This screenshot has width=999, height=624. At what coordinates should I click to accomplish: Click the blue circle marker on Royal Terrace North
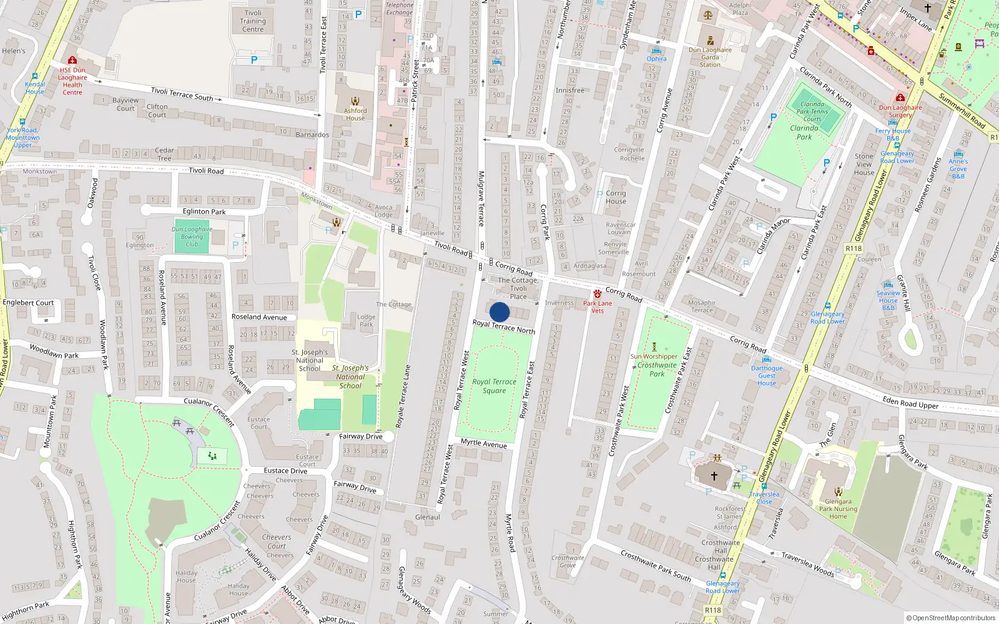pos(499,312)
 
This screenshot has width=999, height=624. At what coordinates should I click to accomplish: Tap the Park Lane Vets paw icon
pos(598,293)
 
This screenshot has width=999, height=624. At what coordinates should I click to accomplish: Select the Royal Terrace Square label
pos(494,386)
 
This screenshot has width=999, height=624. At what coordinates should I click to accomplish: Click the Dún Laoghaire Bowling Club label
pos(192,236)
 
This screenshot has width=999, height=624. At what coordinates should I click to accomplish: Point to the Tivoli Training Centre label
pos(253,21)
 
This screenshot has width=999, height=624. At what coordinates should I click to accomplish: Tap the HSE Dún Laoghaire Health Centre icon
pos(72,61)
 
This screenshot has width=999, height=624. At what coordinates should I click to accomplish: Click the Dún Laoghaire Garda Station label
pos(710,57)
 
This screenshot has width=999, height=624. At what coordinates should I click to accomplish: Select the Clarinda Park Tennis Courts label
pos(812,112)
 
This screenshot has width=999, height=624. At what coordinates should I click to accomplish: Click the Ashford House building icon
pos(355,101)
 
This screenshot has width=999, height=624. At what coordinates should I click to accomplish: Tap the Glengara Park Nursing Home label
pos(838,509)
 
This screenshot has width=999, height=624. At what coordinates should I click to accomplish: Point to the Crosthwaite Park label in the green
pos(657,369)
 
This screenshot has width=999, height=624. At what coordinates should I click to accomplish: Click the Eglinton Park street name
pos(204,212)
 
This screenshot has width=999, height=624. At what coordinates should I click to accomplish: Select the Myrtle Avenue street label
pos(483,444)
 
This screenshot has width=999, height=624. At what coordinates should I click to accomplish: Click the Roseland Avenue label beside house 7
pos(259,317)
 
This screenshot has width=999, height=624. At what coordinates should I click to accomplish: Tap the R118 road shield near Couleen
pos(854,248)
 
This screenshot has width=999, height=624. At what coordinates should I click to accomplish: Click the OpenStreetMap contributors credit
pos(951,618)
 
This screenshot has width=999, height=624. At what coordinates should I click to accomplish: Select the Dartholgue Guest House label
pos(767,376)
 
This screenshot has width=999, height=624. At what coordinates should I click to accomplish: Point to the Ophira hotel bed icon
pos(656,51)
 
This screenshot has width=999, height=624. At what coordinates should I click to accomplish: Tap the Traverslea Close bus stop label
pos(764,498)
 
